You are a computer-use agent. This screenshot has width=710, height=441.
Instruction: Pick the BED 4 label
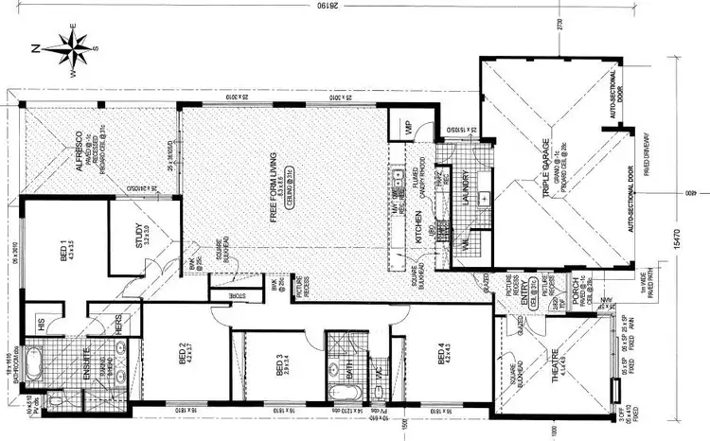(x=441, y=357)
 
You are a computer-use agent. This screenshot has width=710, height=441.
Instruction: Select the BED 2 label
(x=184, y=355)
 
